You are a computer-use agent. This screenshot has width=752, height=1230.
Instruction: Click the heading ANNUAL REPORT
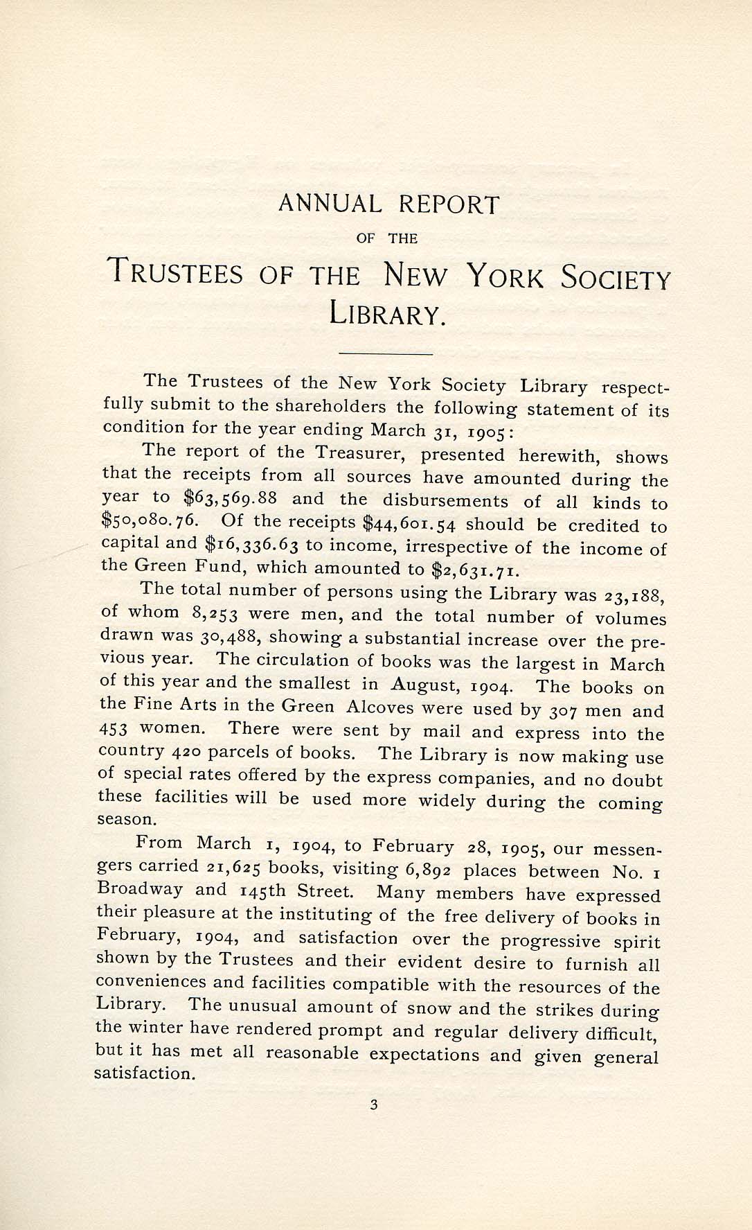click(x=388, y=204)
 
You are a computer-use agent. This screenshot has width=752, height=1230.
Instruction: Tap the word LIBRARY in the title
click(x=385, y=315)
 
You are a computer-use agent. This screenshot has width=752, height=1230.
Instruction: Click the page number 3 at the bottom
click(x=374, y=1106)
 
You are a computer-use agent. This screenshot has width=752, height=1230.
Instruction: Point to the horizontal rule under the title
click(x=386, y=355)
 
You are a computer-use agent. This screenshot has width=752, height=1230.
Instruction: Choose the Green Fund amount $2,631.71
click(x=474, y=571)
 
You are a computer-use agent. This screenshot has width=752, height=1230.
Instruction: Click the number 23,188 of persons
click(x=633, y=595)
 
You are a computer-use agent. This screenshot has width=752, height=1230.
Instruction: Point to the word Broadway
click(x=141, y=889)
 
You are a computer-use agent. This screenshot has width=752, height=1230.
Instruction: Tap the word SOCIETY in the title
click(x=616, y=279)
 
